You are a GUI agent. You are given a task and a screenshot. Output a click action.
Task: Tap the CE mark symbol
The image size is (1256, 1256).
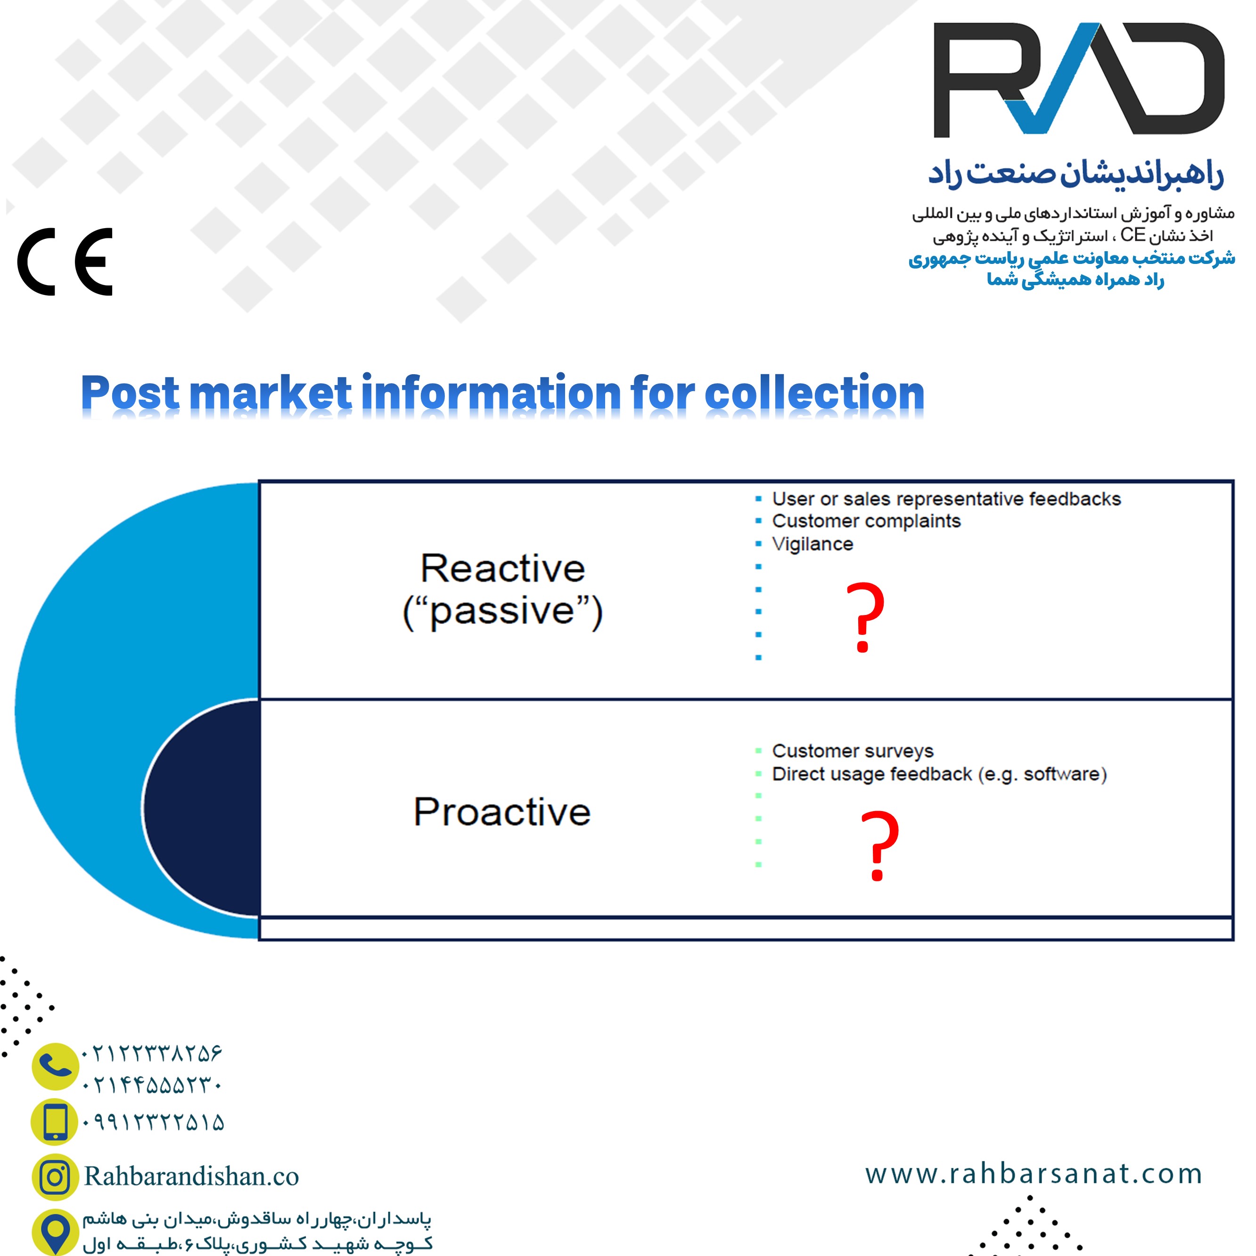click(65, 262)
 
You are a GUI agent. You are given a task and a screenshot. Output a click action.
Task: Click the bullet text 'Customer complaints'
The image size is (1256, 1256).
click(866, 521)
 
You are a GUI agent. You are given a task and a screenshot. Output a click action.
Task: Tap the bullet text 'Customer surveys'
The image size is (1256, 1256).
click(852, 751)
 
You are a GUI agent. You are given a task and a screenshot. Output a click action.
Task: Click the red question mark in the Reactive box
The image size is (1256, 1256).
click(865, 616)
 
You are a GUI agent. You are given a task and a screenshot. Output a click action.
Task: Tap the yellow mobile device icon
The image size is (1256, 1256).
click(55, 1121)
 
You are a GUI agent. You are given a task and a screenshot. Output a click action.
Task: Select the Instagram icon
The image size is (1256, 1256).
click(55, 1177)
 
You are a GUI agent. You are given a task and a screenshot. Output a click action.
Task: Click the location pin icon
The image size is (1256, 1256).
click(55, 1232)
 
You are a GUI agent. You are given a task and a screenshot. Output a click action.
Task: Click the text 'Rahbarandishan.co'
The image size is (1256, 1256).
click(191, 1177)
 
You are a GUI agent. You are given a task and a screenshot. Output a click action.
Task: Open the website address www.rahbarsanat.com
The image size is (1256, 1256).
click(1033, 1174)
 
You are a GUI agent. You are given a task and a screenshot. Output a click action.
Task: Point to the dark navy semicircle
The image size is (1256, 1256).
click(202, 808)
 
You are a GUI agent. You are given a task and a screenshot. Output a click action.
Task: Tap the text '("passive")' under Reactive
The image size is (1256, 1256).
click(502, 611)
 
